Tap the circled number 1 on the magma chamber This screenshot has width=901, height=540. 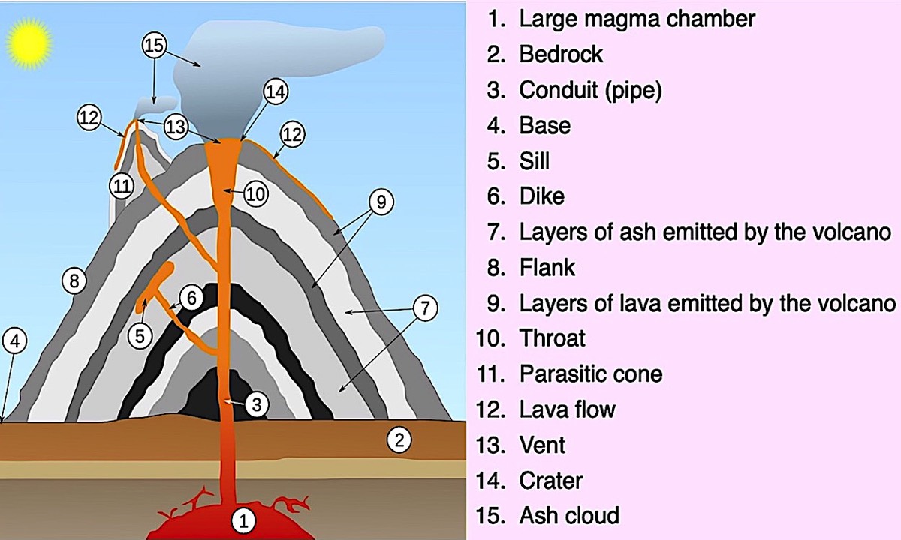[x=241, y=517]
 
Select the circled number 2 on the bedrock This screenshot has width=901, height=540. [x=399, y=439]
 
